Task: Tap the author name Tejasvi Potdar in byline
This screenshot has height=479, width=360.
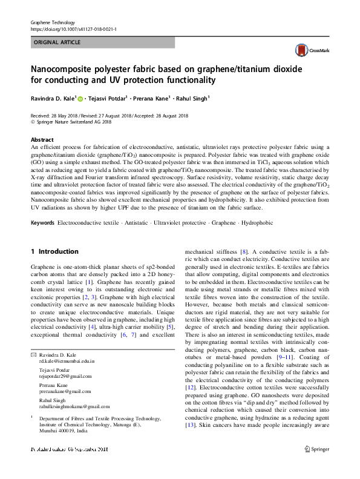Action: click(x=107, y=98)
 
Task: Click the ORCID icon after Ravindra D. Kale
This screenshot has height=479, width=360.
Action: click(x=80, y=98)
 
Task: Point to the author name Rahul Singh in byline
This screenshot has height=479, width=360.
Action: click(x=191, y=98)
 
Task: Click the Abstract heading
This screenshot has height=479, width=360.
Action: click(x=42, y=140)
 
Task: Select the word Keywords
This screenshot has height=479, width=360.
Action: click(x=43, y=223)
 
